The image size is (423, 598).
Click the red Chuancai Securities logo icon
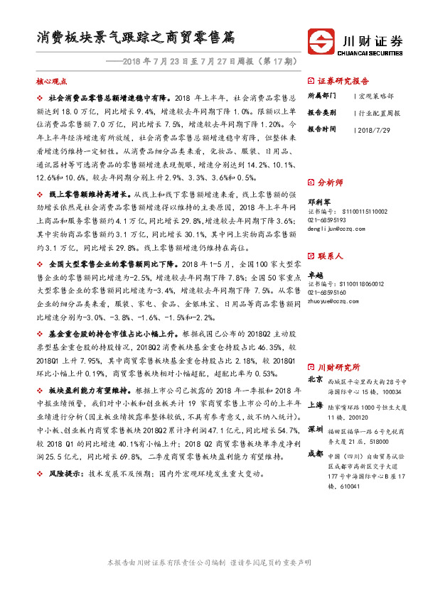(321, 40)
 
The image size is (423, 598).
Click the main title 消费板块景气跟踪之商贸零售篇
(136, 37)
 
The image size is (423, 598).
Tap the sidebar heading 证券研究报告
(343, 80)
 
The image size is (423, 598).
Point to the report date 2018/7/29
(375, 130)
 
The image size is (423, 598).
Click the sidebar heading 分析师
(330, 181)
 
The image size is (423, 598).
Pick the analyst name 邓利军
(318, 202)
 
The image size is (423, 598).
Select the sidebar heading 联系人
(330, 254)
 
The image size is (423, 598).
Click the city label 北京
(315, 379)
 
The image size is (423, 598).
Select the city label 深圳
(315, 430)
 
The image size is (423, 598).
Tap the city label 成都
(315, 455)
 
